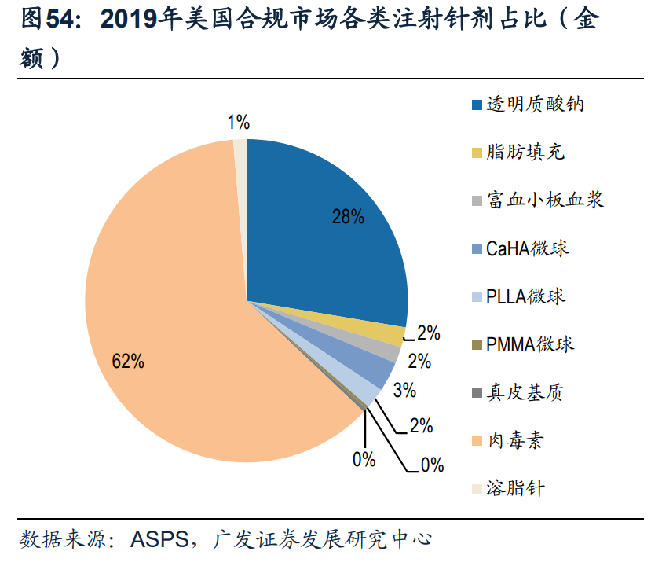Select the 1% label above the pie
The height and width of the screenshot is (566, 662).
[x=239, y=122]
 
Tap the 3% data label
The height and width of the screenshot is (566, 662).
[x=404, y=390]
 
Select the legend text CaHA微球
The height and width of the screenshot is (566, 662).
[x=527, y=248]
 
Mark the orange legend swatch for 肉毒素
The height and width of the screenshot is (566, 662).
[x=476, y=441]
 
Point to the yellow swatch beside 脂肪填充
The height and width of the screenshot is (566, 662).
[x=476, y=153]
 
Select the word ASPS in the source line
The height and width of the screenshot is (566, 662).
[x=160, y=539]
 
